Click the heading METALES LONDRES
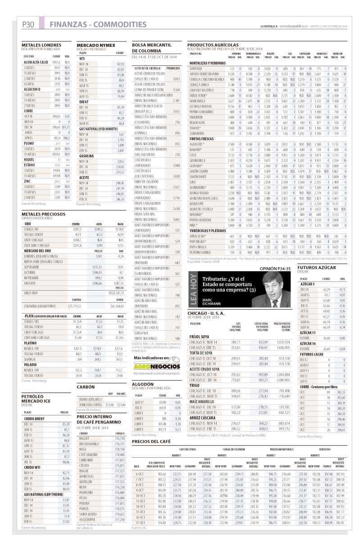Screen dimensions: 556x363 [41, 45]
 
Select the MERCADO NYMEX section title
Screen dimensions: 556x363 [96, 46]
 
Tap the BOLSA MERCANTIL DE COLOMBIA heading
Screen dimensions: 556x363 [151, 48]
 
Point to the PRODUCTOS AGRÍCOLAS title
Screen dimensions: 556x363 [213, 45]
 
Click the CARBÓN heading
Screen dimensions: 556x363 [86, 387]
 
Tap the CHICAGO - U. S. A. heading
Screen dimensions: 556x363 [209, 313]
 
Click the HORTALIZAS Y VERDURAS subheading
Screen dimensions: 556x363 [208, 63]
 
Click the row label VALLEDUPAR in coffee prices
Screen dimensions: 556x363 [89, 519]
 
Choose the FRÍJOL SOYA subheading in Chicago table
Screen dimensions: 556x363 [200, 336]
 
